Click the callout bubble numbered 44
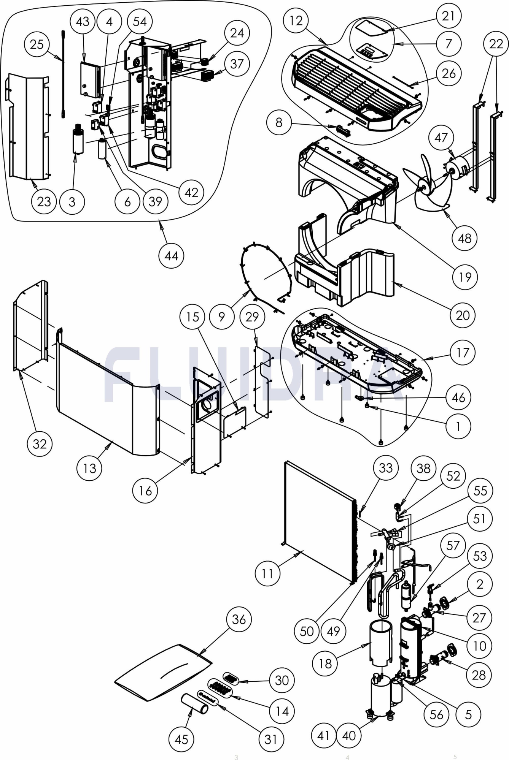[x=171, y=256]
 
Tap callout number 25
[x=37, y=44]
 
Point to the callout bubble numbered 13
[x=89, y=468]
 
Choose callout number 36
[x=239, y=619]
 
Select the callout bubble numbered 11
[x=267, y=573]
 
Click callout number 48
[x=464, y=238]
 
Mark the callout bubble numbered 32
[x=40, y=443]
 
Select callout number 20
[x=463, y=315]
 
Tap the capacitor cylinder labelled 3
[x=78, y=141]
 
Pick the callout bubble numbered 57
[x=453, y=546]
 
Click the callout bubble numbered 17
[x=463, y=353]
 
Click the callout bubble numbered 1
[x=458, y=426]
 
